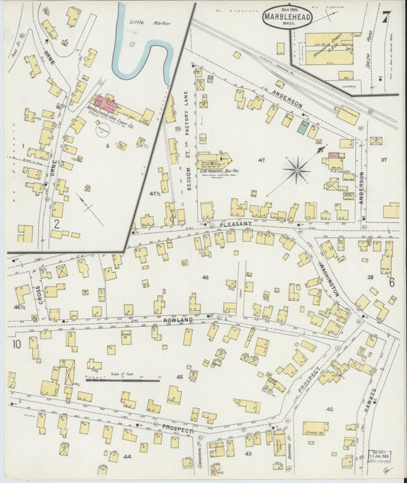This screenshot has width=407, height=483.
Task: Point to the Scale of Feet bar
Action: click(122, 378)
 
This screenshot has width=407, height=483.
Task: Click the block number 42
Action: click(330, 410)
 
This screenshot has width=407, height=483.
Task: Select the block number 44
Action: click(127, 455)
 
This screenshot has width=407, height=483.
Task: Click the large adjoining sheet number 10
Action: click(17, 345)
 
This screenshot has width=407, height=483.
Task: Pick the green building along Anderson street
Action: click(303, 127)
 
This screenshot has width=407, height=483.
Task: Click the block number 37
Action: click(384, 160)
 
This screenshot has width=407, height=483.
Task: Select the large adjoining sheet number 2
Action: click(57, 224)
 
